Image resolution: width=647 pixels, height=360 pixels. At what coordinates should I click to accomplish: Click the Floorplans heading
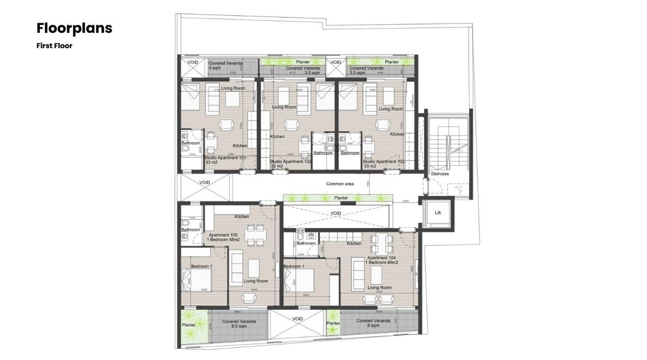click(74, 28)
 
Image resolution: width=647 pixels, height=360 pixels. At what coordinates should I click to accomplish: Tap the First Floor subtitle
click(54, 46)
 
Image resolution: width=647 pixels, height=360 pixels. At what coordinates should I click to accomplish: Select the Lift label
click(437, 213)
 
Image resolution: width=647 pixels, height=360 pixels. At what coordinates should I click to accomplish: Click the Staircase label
click(439, 173)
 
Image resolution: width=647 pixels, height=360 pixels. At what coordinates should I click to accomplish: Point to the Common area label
click(340, 184)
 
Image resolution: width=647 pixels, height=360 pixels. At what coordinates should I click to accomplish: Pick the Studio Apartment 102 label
click(290, 161)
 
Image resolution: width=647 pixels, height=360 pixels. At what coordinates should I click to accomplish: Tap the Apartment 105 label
click(223, 235)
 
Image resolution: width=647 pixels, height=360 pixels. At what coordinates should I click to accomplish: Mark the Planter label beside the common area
click(340, 198)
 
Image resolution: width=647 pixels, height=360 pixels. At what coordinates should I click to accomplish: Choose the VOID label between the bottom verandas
click(298, 319)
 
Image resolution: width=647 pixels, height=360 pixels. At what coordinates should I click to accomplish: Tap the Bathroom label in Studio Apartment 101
click(191, 143)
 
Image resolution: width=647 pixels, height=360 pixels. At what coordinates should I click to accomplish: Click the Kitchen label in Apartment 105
click(242, 217)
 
